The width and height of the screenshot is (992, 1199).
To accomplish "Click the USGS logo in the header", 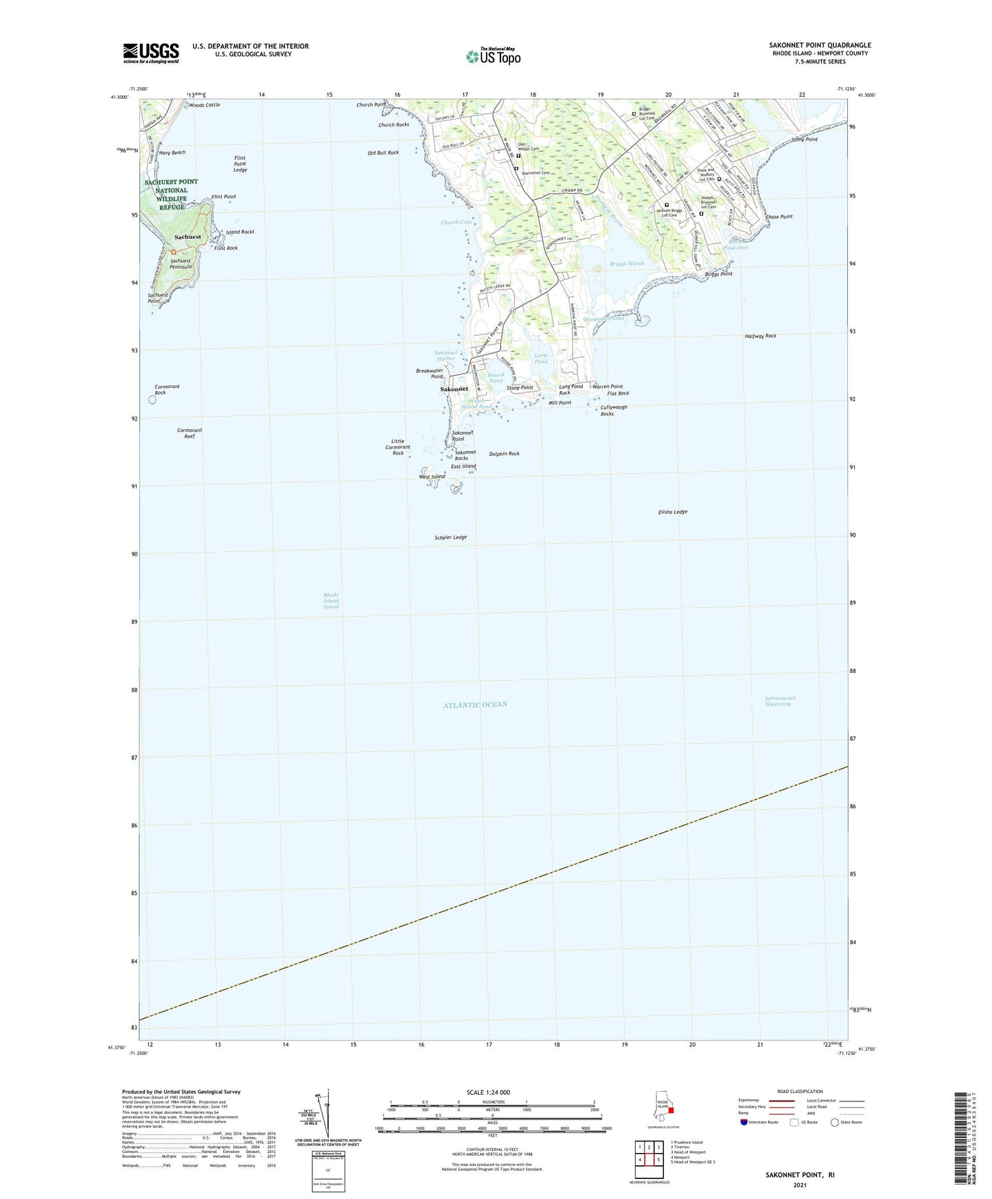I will (x=151, y=53).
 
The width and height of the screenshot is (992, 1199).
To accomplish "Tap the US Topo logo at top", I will (x=493, y=56).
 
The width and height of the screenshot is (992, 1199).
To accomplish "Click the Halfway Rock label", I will (x=760, y=336).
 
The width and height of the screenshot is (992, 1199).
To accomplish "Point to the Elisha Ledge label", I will (x=672, y=512).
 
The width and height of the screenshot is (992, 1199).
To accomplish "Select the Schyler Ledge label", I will (x=450, y=537).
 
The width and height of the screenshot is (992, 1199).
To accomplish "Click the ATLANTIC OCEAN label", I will (x=475, y=705).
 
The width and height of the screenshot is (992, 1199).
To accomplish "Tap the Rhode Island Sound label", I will (x=332, y=601).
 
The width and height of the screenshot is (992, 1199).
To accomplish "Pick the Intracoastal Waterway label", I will (x=779, y=701).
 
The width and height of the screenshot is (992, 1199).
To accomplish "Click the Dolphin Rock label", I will (x=504, y=454).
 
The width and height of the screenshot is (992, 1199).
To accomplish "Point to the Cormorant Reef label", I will (x=189, y=433).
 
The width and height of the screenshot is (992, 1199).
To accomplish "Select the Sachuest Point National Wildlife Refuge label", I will (x=171, y=194).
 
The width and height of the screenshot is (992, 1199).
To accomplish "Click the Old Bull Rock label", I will (x=382, y=152).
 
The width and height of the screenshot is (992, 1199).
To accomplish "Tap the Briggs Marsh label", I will (x=627, y=264).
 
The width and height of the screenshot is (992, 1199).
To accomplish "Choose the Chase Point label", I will (x=778, y=216).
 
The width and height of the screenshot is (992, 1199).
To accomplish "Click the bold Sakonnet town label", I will (x=454, y=389).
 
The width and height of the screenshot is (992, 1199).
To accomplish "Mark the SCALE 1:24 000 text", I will (x=488, y=1092).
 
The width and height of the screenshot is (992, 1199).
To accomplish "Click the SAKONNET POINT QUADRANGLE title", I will (x=820, y=45).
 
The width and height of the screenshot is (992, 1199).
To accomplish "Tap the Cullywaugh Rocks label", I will (x=614, y=410).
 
